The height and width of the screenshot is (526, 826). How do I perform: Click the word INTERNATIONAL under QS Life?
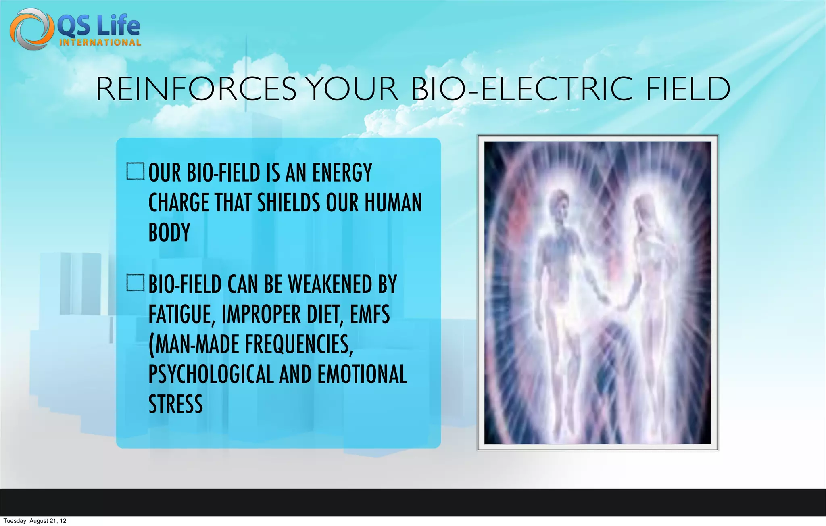click(100, 43)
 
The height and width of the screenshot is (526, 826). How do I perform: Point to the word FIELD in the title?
click(688, 89)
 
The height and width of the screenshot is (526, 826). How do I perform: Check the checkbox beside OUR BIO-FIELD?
click(135, 171)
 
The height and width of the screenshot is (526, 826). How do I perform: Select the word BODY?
click(169, 233)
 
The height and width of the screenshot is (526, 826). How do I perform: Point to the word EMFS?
click(369, 315)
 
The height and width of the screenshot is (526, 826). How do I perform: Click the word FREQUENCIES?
click(298, 344)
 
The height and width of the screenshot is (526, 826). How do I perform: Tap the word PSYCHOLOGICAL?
click(211, 374)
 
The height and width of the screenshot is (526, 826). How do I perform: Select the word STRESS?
click(175, 404)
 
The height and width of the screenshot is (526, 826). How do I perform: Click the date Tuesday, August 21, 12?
click(35, 521)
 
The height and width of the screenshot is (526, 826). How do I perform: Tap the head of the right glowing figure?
click(643, 206)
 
